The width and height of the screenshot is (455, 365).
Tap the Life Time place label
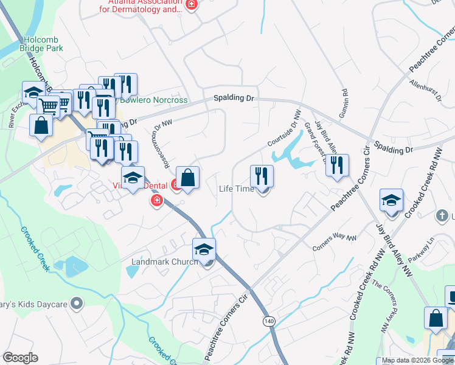pos(237,189)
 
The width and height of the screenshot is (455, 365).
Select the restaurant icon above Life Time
pos(262,176)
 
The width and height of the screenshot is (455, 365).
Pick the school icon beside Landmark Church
pos(204,249)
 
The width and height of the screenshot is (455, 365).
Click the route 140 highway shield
pos(268,320)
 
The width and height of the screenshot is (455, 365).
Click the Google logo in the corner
pos(20,358)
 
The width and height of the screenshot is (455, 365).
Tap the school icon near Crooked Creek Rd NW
pos(391,200)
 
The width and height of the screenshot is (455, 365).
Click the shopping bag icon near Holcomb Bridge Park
pos(41,126)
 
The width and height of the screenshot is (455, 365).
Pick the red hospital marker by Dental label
pos(156,200)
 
